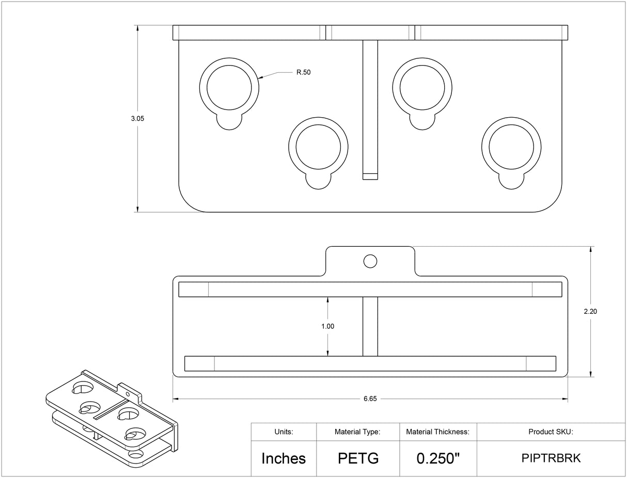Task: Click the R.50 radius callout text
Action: (303, 73)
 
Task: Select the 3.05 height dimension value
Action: (137, 119)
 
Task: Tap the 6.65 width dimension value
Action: (370, 399)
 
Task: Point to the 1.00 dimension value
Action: (327, 326)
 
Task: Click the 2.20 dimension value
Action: (590, 311)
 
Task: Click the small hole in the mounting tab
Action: (370, 261)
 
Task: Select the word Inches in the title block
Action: (283, 458)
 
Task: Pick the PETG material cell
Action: (358, 458)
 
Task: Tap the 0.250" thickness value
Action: (437, 458)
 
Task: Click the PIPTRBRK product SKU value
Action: (551, 458)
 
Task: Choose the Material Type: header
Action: (357, 432)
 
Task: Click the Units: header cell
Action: (284, 432)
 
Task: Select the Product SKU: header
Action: (551, 432)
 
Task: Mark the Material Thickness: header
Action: (437, 432)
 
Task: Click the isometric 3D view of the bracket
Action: (111, 418)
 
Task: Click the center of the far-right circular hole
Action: (511, 146)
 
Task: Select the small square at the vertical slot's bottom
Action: (370, 176)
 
